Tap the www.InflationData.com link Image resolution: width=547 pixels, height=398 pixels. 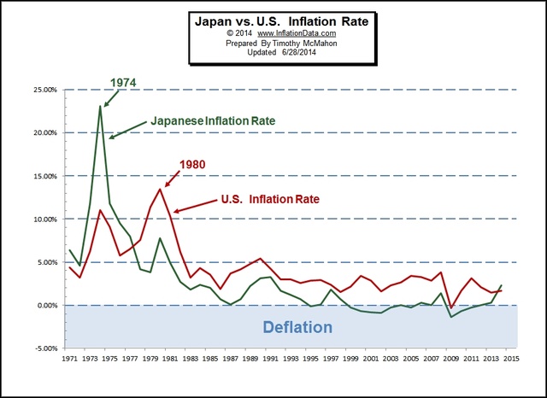tap(283, 33)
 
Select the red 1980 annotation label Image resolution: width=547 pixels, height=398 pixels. tap(192, 164)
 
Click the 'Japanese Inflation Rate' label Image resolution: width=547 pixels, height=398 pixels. tap(214, 121)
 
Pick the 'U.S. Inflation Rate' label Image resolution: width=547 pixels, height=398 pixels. tap(271, 199)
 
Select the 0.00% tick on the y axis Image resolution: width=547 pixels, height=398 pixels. tap(44, 305)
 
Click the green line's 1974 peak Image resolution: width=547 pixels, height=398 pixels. tap(100, 106)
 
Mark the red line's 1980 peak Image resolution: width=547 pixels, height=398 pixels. tap(160, 189)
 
